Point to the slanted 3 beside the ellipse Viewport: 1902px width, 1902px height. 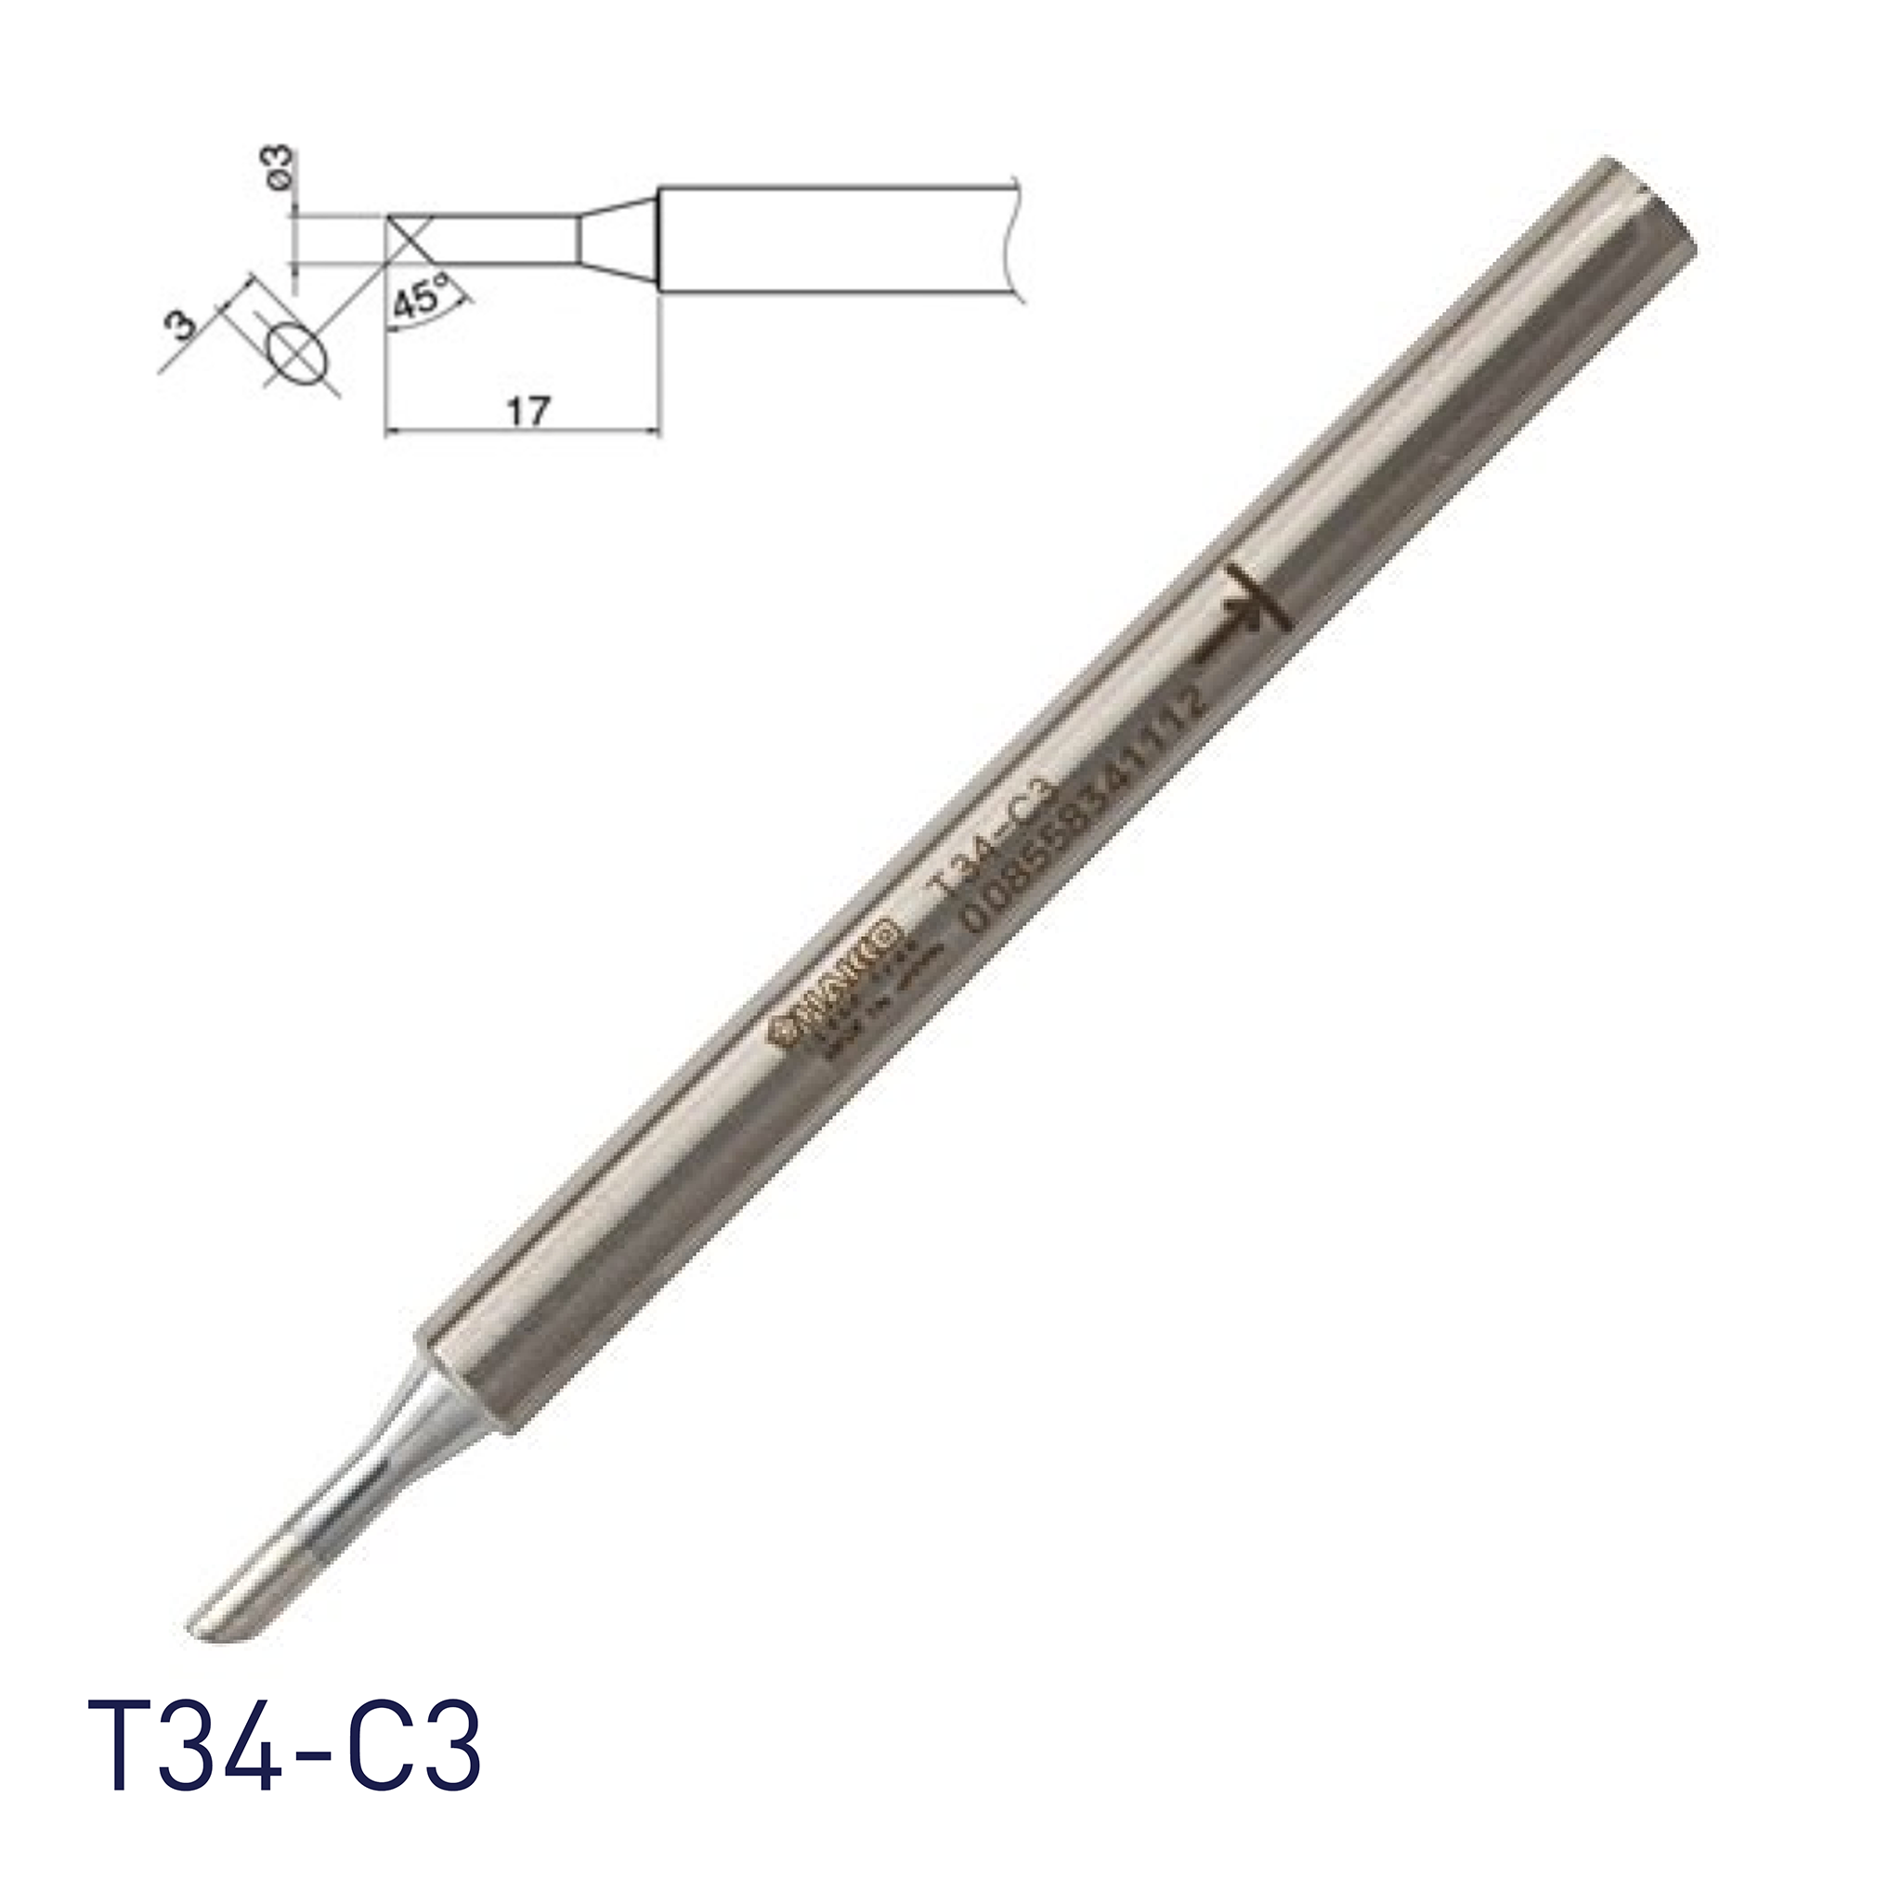pyautogui.click(x=185, y=322)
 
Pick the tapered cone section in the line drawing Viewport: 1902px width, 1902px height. pyautogui.click(x=617, y=240)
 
